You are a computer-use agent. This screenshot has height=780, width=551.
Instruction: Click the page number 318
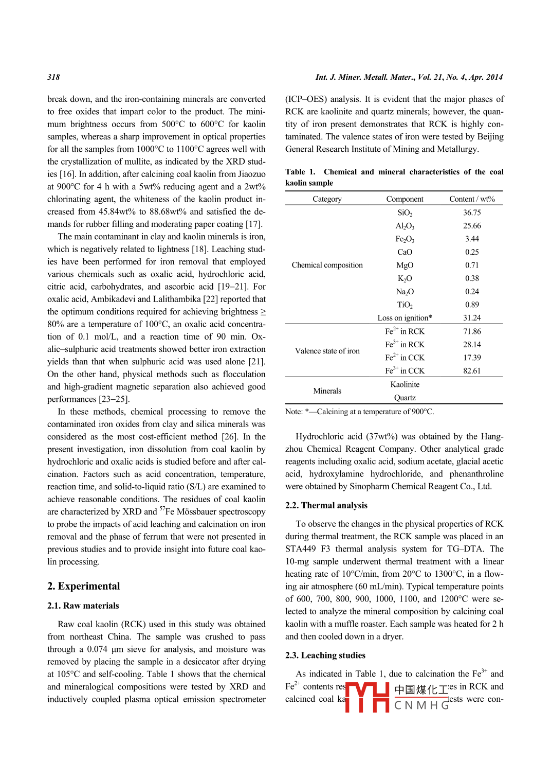53,77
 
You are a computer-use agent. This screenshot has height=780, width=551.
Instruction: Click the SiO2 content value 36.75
471,212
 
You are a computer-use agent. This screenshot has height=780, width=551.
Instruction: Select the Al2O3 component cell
405,226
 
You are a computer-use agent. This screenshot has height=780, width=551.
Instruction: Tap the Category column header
327,199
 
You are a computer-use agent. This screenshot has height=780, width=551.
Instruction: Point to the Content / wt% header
471,199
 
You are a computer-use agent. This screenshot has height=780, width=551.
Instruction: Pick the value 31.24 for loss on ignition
471,318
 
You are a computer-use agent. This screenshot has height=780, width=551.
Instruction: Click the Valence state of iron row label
327,351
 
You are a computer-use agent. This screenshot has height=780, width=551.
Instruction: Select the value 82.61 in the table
471,370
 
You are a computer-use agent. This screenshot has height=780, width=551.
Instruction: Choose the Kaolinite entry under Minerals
405,384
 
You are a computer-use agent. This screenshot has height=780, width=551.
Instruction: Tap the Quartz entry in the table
405,398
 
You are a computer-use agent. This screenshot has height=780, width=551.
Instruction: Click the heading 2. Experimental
83,586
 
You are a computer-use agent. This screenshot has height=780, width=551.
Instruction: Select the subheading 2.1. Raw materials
83,606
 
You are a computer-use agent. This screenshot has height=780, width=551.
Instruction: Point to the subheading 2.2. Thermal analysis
326,505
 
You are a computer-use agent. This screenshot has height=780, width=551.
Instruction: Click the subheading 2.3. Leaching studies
325,655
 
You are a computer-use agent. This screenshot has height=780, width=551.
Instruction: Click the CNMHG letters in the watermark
421,705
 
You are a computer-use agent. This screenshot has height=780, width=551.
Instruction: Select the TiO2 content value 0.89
471,305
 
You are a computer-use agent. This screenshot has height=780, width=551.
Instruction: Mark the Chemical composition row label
327,265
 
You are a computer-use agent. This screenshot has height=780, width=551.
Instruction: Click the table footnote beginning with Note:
359,412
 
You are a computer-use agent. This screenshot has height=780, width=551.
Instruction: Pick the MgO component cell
405,265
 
